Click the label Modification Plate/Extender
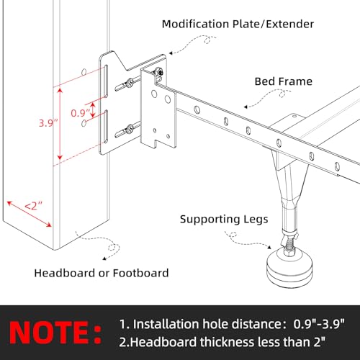click(238, 24)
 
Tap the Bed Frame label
click(283, 81)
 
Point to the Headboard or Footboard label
click(101, 273)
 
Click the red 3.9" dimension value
click(48, 122)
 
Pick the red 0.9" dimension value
click(80, 112)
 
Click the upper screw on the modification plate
click(130, 83)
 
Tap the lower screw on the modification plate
click(130, 130)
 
